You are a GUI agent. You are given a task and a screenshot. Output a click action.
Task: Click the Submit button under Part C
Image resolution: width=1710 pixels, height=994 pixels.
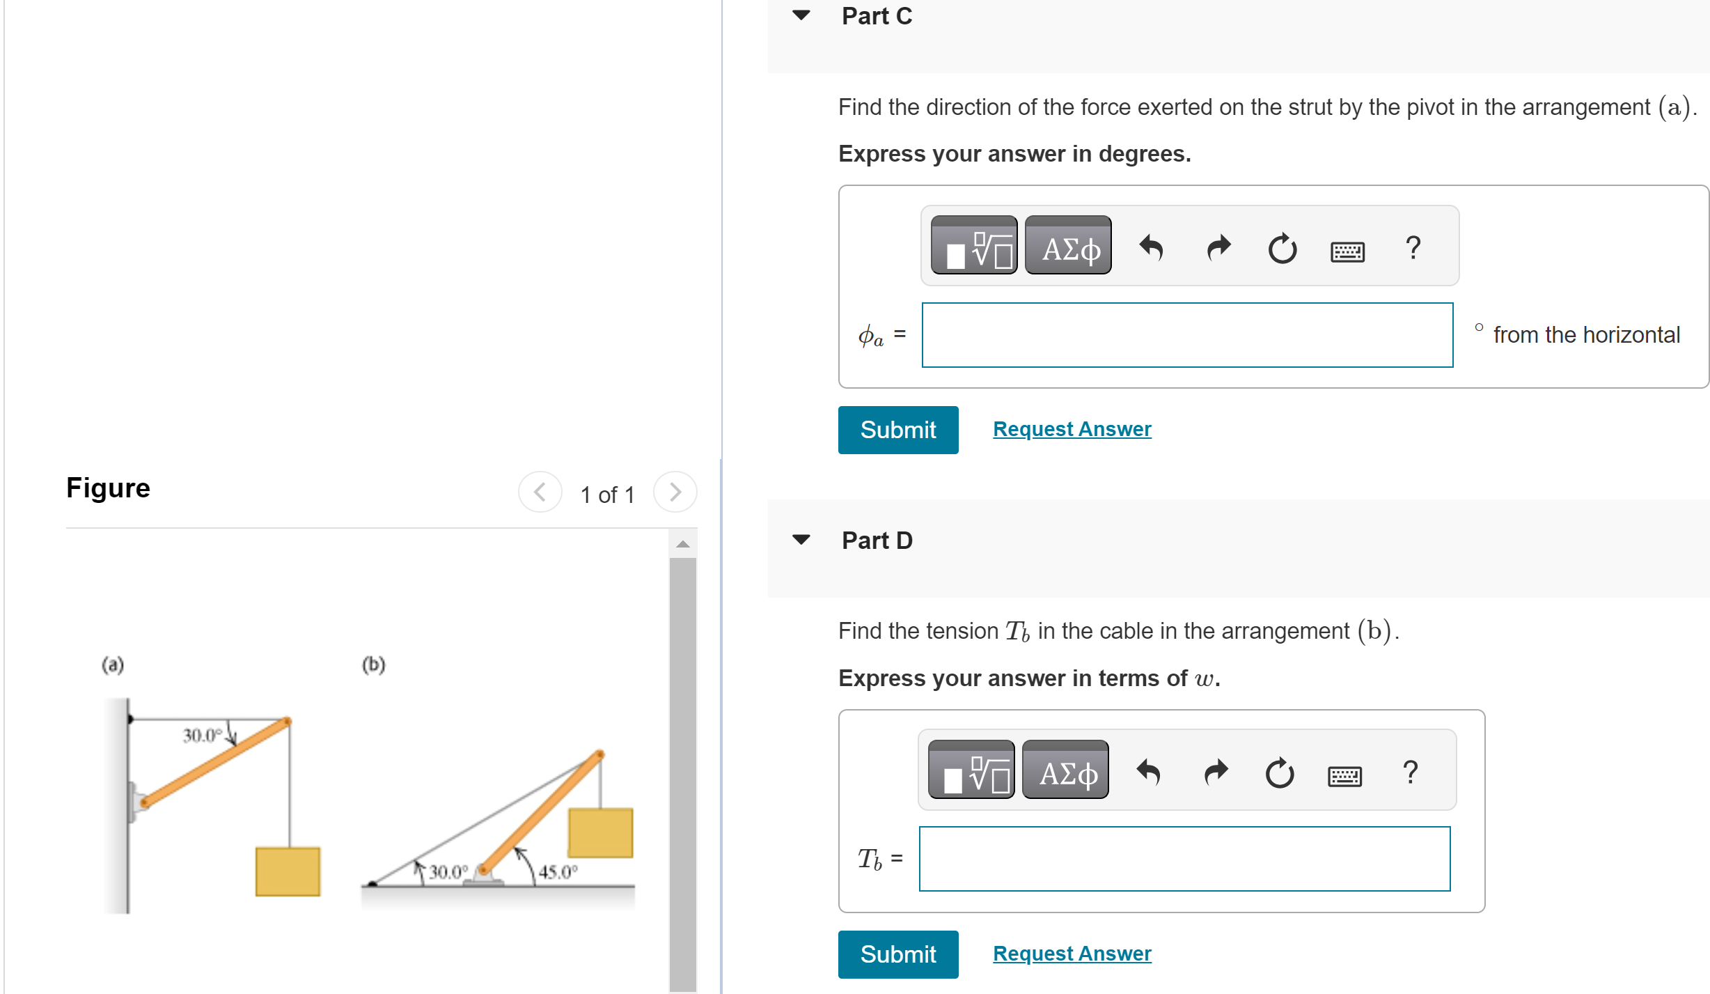tap(897, 430)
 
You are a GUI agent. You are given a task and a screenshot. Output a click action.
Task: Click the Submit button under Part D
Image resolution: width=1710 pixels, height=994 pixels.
tap(897, 954)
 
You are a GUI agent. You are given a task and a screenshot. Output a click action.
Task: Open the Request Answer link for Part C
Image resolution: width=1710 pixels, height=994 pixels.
tap(1072, 429)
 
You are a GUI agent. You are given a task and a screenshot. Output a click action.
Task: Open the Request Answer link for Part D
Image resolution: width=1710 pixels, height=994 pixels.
tap(1072, 954)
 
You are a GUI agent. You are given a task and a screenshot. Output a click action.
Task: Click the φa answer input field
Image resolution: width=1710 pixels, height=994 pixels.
tap(1187, 335)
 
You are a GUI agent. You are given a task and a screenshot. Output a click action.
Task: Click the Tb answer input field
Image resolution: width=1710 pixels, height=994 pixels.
tap(1184, 859)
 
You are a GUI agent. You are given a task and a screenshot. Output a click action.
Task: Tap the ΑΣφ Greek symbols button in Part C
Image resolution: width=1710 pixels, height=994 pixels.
tap(1068, 246)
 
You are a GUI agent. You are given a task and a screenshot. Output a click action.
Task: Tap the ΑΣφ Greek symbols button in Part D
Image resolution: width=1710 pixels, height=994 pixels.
tap(1065, 770)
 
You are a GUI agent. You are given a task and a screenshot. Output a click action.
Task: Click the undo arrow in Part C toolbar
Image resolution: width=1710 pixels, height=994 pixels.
tap(1152, 247)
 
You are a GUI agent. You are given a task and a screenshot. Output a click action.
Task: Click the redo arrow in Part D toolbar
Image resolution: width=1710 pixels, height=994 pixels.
tap(1216, 772)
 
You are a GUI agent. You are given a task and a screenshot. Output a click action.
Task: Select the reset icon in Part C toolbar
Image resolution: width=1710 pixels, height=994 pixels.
tap(1282, 248)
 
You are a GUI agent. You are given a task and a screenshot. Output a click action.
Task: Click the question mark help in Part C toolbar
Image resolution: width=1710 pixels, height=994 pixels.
tap(1413, 247)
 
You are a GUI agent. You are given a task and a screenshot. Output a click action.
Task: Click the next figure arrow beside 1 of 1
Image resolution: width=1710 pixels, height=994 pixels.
tap(675, 492)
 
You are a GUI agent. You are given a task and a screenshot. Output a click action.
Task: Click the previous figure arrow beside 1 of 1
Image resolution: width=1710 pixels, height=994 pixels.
tap(540, 492)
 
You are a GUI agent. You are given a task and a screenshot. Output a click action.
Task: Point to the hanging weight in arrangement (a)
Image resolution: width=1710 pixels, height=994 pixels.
tap(288, 871)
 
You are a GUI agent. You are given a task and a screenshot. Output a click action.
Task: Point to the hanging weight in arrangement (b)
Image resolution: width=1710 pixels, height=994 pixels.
tap(600, 832)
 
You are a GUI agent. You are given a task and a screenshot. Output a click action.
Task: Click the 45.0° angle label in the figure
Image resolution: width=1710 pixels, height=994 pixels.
tap(558, 871)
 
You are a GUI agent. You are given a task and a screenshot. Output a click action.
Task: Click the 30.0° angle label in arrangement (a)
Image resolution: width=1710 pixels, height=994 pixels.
tap(202, 736)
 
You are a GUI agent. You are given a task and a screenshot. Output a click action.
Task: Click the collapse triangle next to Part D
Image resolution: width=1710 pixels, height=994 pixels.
tap(801, 540)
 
